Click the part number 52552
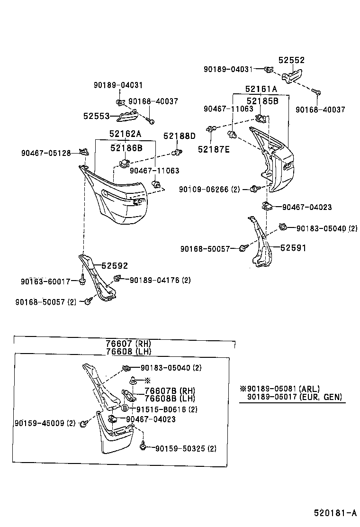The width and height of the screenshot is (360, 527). pos(291,60)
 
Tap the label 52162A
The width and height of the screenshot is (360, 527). pos(125,134)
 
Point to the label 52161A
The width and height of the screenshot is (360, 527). pos(261,89)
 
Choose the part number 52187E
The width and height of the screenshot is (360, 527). pos(214,149)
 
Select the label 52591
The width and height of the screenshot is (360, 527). pos(293,247)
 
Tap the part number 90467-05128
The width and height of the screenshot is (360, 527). pos(46,153)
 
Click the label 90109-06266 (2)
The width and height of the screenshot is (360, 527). pos(209,189)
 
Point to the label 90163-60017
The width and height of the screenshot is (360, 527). pos(45,281)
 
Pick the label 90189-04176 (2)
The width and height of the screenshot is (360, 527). pos(160,280)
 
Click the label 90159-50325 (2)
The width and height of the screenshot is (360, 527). pos(186,448)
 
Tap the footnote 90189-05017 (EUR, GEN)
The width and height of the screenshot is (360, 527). pos(294,397)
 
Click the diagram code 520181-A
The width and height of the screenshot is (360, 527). pos(335,513)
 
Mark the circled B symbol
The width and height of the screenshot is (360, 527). pos(125,409)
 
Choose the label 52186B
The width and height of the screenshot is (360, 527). pos(126,148)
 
